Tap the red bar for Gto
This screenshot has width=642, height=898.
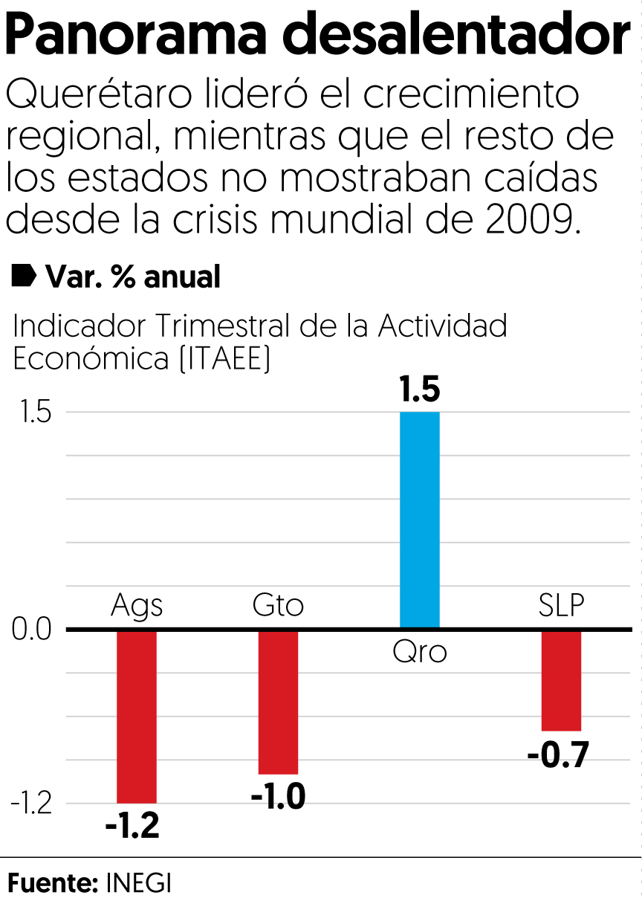click(278, 702)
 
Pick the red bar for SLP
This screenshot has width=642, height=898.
click(561, 680)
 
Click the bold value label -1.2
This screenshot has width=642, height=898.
click(132, 827)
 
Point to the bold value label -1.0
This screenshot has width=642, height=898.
click(278, 798)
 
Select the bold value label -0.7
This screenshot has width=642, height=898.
click(557, 756)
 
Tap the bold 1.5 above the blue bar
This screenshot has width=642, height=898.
click(420, 390)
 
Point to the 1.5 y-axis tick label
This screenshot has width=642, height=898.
click(31, 413)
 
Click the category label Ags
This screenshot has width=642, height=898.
click(137, 606)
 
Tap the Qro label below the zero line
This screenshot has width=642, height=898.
click(420, 653)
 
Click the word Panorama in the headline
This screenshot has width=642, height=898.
click(138, 36)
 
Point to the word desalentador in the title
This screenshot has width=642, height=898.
click(455, 36)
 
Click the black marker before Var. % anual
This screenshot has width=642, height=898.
click(24, 276)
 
